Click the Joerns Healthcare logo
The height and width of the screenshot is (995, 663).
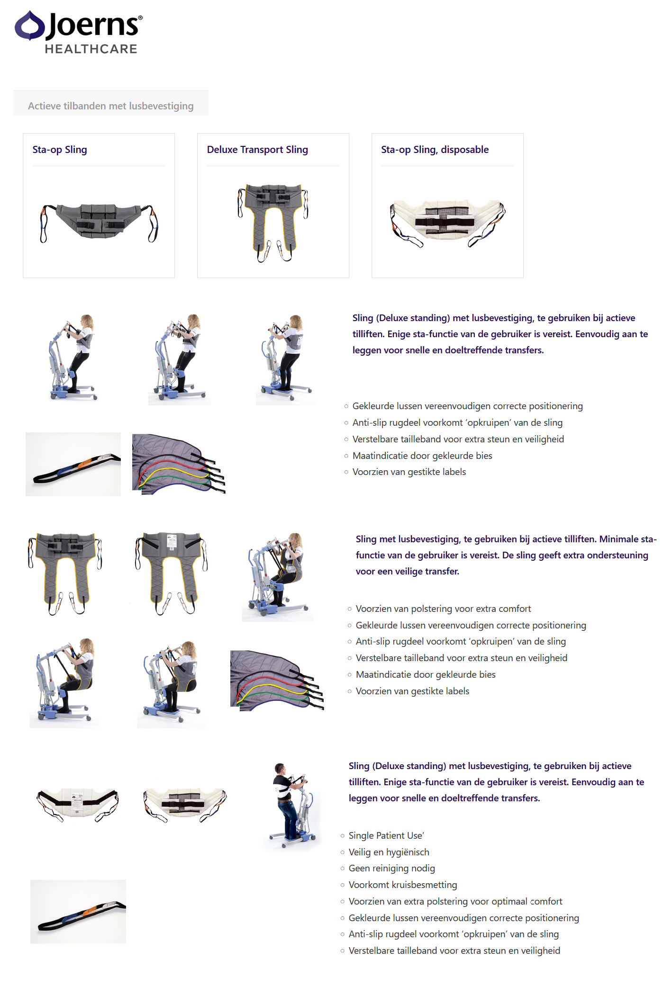point(78,32)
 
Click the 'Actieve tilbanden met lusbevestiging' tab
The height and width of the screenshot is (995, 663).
point(110,106)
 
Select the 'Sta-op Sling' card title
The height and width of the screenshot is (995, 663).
point(60,150)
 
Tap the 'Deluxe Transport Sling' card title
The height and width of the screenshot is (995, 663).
point(257,150)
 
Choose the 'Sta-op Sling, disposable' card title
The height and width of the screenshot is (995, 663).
point(435,150)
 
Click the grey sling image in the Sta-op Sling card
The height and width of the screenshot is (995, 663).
point(99,222)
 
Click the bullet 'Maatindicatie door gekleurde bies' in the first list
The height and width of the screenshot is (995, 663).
point(422,456)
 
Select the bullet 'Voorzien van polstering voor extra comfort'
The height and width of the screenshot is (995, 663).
point(443,609)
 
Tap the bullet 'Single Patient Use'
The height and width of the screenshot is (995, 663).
point(386,835)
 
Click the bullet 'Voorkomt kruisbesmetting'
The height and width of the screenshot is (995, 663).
point(403,885)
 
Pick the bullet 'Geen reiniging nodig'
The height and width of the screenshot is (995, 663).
point(391,868)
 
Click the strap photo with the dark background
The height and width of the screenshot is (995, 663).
point(78,912)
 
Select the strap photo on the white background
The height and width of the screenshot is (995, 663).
point(73,464)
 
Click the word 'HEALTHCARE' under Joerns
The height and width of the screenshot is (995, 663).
point(91,49)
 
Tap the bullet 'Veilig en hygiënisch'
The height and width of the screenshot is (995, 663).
point(389,852)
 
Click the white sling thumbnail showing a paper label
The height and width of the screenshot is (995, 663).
point(78,803)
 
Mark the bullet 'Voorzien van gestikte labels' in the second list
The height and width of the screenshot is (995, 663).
point(412,691)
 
